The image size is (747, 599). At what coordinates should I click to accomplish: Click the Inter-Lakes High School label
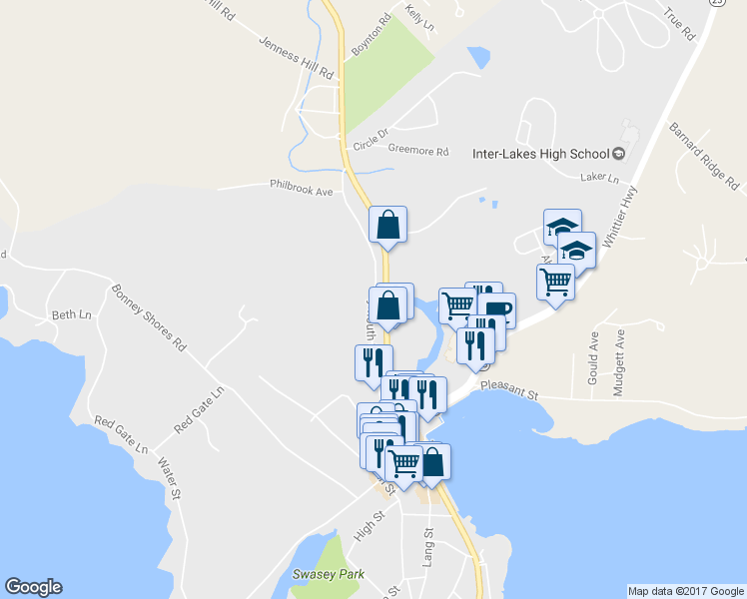[x=539, y=154]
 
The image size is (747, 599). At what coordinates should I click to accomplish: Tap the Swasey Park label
[x=328, y=574]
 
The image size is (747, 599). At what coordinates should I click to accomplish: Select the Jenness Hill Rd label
[x=296, y=59]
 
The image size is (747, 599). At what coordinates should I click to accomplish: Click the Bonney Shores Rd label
[x=149, y=318]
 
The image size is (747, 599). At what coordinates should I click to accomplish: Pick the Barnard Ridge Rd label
[x=703, y=157]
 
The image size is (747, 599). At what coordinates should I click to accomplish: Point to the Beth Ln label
[x=71, y=315]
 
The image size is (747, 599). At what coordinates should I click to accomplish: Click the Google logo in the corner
[x=33, y=587]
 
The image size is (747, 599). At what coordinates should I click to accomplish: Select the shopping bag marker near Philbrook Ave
[x=388, y=225]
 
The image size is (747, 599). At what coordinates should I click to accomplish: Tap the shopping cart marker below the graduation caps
[x=555, y=282]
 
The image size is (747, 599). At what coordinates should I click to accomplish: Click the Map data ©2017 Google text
[x=685, y=591]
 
